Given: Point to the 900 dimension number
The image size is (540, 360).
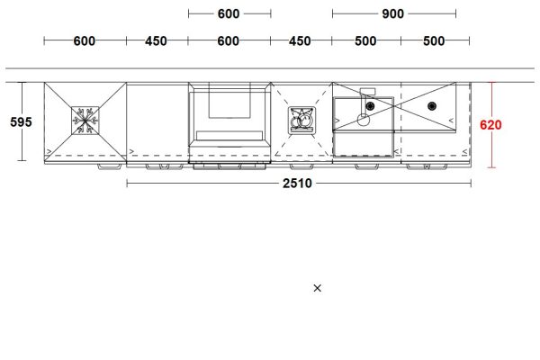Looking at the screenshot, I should coord(392,13).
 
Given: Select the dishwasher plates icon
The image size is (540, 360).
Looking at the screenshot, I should coord(301,121).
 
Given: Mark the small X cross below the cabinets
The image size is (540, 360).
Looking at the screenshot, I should coord(317,288).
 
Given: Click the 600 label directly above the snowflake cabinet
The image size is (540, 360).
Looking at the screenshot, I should coord(85,41).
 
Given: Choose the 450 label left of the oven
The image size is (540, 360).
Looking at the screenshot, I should coord(157,41).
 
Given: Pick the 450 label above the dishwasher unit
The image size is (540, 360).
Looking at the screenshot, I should coord(301,41).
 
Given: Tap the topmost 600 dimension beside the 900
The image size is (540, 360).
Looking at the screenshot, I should coord(229,13).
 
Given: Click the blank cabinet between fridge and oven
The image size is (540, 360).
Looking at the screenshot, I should coord(157,122).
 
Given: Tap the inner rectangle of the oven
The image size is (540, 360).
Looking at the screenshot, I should coord(229,99).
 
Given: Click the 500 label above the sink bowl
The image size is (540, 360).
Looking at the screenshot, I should coord(365,41).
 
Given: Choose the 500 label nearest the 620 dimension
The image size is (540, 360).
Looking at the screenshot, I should coord(434,41).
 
